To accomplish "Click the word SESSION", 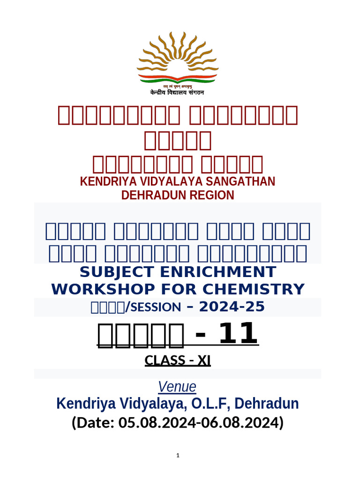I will [154, 307].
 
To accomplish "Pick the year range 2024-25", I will [232, 307].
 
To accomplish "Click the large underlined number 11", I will [240, 333].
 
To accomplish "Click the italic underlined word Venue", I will [177, 387].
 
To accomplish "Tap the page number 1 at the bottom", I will [178, 456].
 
